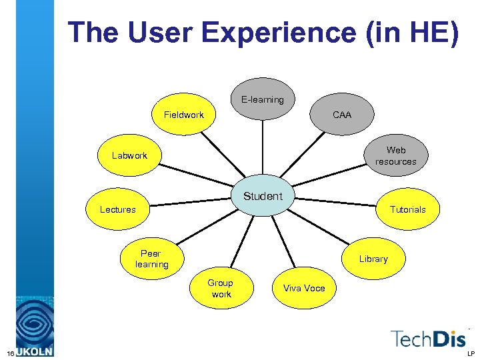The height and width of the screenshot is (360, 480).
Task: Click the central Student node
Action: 263,196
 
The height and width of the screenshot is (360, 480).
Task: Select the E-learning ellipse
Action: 263,99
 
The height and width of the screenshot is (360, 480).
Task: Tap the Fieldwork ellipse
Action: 184,115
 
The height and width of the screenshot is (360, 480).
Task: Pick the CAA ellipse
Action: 342,115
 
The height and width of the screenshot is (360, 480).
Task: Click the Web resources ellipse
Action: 395,155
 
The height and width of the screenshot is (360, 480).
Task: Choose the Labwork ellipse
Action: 129,155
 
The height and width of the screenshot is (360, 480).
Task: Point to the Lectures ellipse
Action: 118,209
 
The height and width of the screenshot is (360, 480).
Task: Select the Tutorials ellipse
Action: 407,209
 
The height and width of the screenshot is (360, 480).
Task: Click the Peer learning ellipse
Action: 151,259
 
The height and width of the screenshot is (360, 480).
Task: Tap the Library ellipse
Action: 373,259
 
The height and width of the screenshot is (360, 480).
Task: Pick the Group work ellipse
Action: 221,288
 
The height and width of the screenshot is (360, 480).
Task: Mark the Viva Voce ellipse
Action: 304,288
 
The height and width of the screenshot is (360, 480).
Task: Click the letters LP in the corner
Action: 471,353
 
